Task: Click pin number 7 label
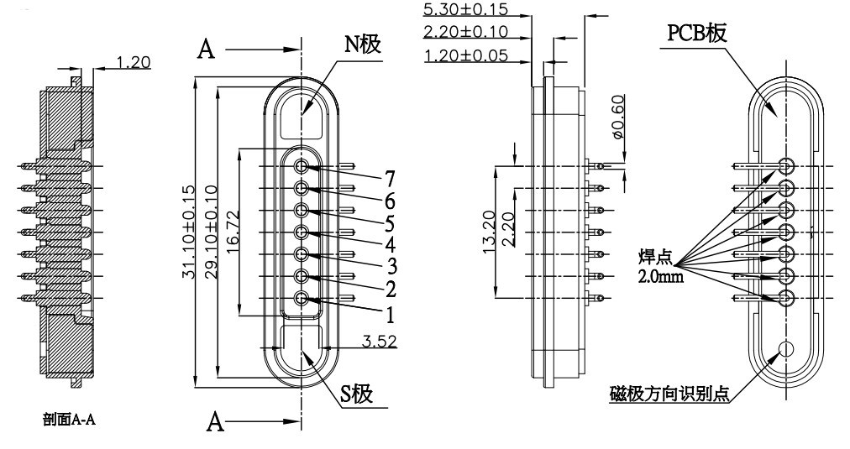coord(389,177)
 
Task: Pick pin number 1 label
coord(389,315)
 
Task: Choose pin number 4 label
coord(389,246)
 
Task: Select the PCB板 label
coord(697,34)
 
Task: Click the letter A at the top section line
coord(204,50)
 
